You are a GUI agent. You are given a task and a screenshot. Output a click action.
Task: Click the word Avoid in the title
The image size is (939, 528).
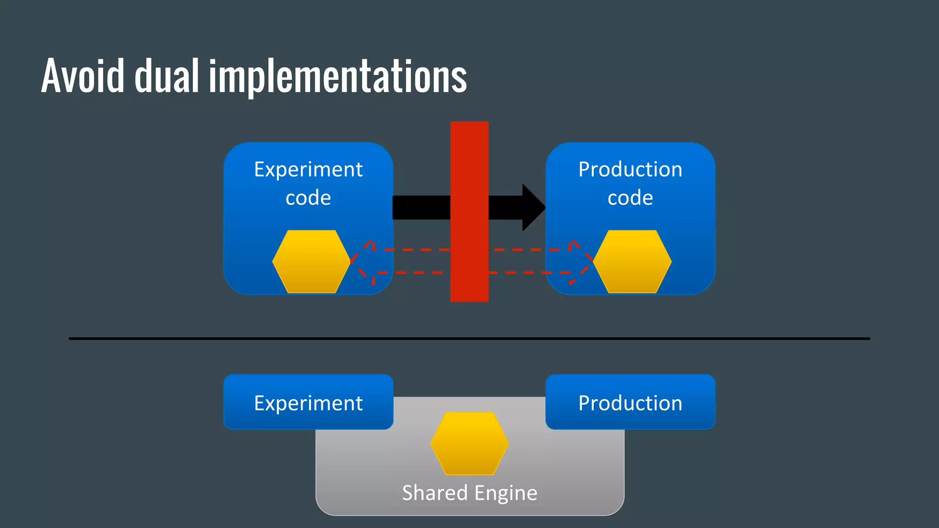[x=83, y=76]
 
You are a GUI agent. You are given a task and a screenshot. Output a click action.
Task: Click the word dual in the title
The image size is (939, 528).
[x=166, y=76]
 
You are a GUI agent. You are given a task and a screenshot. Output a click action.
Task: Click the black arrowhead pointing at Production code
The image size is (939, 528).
[x=533, y=208]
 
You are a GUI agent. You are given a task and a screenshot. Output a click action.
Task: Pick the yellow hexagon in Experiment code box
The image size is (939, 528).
[x=311, y=261]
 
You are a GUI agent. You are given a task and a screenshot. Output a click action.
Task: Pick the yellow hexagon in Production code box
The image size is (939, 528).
[x=632, y=261]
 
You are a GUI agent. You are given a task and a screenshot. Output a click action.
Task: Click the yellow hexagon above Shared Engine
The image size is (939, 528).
[x=469, y=443]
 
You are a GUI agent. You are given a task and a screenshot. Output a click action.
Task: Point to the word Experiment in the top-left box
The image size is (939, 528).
[x=308, y=170]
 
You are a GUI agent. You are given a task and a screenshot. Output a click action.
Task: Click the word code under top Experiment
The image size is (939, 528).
[x=308, y=198]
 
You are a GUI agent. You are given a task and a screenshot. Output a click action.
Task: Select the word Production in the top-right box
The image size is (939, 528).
[x=630, y=170]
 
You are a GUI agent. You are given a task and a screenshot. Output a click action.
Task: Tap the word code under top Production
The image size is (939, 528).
[x=630, y=198]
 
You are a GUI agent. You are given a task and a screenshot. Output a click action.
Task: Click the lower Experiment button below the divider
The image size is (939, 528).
[x=308, y=402]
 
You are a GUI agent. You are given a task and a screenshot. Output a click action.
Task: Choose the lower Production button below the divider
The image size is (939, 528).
[x=630, y=402]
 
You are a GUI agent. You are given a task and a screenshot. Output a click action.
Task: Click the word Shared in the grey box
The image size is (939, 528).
[x=434, y=493]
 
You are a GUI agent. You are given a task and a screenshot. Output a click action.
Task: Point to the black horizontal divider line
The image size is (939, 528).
[x=469, y=339]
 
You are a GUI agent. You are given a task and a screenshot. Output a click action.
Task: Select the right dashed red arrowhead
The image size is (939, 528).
[x=580, y=261]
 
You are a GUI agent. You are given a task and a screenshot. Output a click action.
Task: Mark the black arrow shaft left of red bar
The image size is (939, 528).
[x=421, y=208]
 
